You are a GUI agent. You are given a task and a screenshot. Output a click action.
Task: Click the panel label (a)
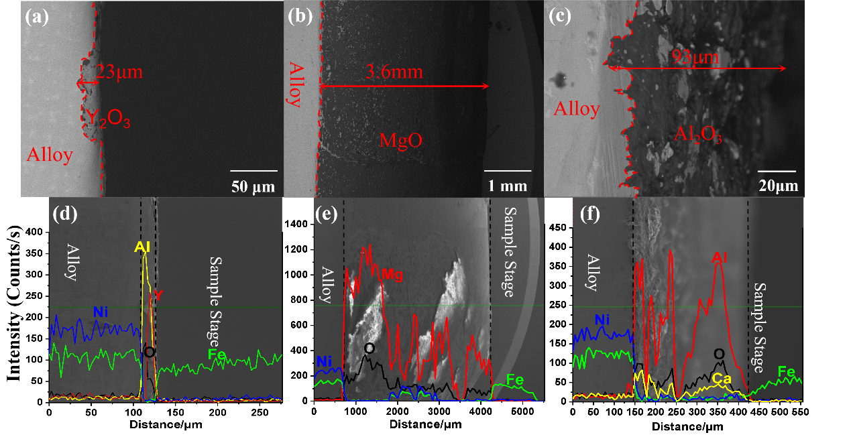click(x=37, y=17)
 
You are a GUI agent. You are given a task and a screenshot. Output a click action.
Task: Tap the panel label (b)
click(x=300, y=17)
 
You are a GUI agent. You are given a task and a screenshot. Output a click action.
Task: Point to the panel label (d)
click(x=65, y=215)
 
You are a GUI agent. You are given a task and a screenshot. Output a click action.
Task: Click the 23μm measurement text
click(x=119, y=72)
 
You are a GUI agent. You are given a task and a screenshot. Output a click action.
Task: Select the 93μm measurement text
click(x=694, y=57)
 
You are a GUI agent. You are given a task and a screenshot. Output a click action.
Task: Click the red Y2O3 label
click(x=107, y=120)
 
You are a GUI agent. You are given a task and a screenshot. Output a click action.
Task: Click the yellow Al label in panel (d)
click(x=141, y=247)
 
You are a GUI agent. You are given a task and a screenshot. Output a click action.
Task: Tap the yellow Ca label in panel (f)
click(x=721, y=379)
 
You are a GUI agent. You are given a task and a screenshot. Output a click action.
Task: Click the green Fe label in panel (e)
click(x=514, y=380)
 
